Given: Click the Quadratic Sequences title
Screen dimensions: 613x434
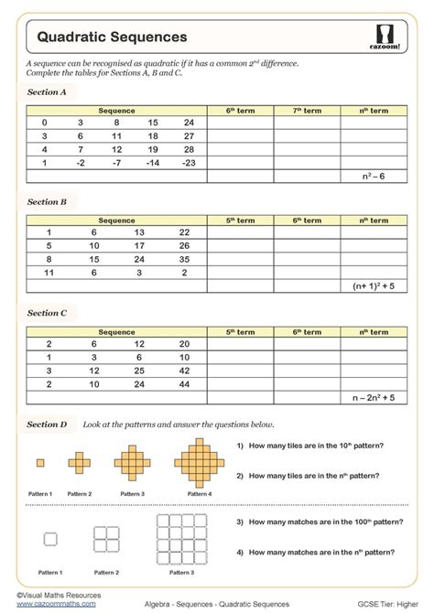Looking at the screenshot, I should tap(112, 37).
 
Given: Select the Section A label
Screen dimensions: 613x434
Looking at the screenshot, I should tap(47, 92).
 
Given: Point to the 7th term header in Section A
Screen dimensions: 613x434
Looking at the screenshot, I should tap(307, 111).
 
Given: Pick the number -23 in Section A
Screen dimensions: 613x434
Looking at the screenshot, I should tap(189, 162).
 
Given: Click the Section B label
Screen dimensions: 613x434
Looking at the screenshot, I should tap(47, 201).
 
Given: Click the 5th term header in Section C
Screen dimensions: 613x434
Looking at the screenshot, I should tap(240, 332).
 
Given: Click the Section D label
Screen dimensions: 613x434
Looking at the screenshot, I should tap(47, 425).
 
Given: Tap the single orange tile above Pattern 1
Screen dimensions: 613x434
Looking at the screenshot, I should tap(39, 463).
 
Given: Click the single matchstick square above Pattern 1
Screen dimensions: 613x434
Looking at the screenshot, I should tap(50, 540).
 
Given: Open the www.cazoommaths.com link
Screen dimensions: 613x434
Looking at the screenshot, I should tap(56, 604).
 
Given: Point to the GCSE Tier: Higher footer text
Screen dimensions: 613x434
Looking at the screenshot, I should tap(385, 605).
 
